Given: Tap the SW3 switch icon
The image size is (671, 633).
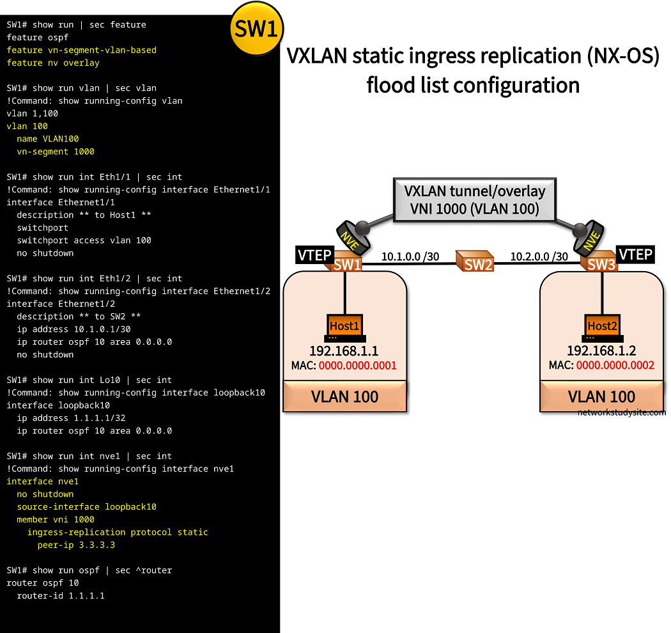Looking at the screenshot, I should (x=600, y=263).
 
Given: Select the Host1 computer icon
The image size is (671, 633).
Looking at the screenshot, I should (x=345, y=327).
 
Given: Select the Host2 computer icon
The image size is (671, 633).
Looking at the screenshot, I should (x=601, y=327).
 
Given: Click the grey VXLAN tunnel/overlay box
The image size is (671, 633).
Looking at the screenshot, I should (x=475, y=199).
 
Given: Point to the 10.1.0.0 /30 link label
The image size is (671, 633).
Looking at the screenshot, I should (x=411, y=257).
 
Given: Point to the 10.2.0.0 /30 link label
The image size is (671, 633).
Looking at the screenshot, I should (x=539, y=257).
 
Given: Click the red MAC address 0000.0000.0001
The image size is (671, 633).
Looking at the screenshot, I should (x=358, y=366).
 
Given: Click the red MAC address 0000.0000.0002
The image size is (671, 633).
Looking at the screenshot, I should (x=615, y=366).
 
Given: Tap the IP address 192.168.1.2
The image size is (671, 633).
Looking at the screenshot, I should (x=601, y=351).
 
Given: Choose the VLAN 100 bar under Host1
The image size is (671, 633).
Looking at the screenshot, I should (x=344, y=396).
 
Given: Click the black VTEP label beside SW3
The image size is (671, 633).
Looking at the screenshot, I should (x=636, y=254).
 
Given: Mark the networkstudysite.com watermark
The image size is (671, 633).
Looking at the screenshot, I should (x=621, y=412).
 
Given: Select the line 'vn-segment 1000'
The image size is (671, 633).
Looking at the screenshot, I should (x=56, y=152).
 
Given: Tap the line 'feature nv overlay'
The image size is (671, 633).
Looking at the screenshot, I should (x=53, y=63).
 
